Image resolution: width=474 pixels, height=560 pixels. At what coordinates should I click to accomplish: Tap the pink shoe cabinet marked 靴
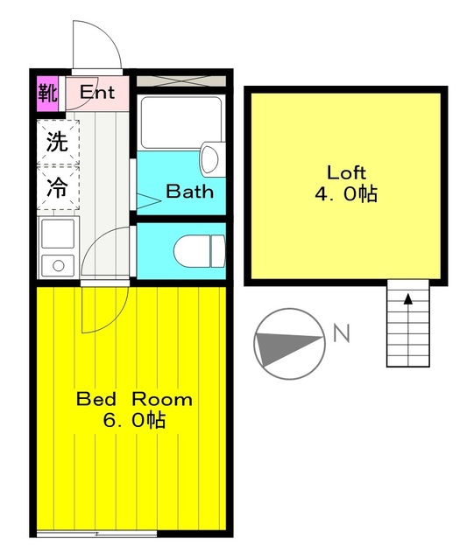[x=46, y=91]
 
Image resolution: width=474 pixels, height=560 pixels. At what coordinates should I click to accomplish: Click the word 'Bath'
[x=189, y=191]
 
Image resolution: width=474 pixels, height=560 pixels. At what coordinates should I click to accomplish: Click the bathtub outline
[x=180, y=122]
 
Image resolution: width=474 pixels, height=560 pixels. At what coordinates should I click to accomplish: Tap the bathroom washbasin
[x=210, y=158]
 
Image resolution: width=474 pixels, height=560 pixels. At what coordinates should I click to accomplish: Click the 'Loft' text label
[x=346, y=171]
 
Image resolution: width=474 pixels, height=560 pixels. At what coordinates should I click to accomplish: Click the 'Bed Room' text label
[x=134, y=399]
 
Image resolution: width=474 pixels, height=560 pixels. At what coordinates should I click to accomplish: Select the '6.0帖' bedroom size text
[x=134, y=420]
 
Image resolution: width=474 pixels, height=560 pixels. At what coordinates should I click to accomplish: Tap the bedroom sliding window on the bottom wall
[x=96, y=533]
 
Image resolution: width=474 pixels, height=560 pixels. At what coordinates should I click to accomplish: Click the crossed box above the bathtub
[x=180, y=80]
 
